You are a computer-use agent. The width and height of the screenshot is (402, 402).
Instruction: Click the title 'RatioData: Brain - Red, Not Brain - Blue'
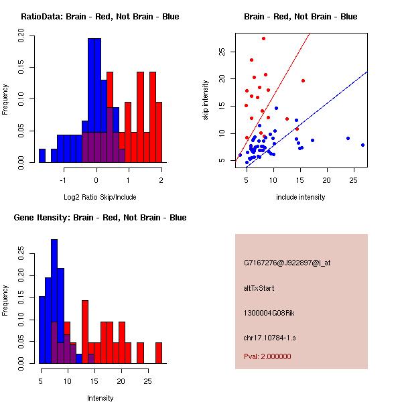pos(100,16)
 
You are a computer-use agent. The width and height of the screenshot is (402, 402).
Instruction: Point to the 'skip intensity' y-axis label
pos(206,100)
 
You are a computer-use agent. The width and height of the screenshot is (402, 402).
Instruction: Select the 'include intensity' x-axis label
pos(300,196)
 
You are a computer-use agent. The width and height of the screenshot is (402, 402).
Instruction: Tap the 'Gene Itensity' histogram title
pos(100,217)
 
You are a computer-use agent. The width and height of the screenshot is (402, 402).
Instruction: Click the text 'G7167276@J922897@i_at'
pos(287,263)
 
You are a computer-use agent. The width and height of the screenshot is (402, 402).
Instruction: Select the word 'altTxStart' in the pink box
pos(259,288)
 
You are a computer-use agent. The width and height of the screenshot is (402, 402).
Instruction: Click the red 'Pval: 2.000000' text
pos(267,356)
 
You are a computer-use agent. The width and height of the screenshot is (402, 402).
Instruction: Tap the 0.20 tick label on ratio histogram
pos(21,39)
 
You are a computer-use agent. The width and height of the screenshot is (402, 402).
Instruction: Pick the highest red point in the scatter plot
pos(263,38)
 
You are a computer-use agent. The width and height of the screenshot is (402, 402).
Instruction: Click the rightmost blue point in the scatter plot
pos(362,145)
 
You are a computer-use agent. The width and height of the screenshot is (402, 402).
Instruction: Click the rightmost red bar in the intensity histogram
pos(159,352)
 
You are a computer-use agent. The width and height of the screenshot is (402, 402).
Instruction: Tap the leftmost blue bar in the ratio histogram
pos(42,155)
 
